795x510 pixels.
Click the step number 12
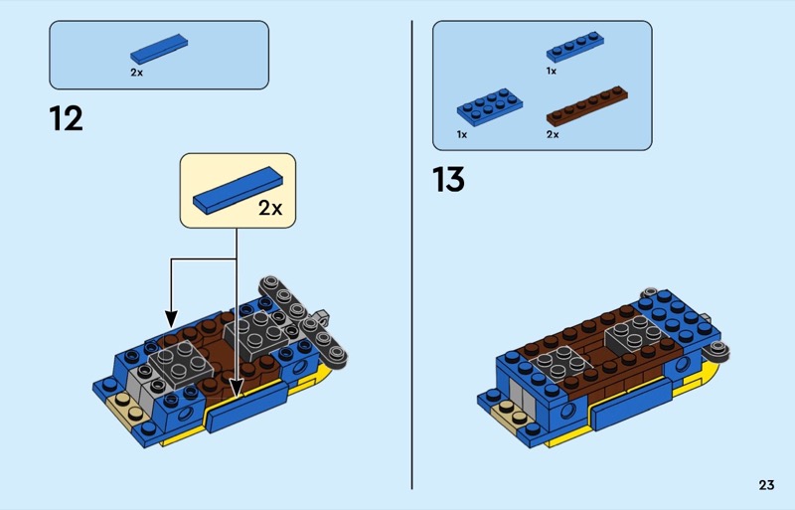click(x=66, y=118)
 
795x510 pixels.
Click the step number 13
click(x=448, y=179)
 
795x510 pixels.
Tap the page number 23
click(x=766, y=485)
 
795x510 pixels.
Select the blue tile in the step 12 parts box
click(x=159, y=49)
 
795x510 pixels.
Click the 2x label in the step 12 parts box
click(x=137, y=73)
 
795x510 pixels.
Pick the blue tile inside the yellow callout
click(x=238, y=190)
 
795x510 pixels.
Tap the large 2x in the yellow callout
click(x=270, y=208)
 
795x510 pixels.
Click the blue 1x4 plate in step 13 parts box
click(x=575, y=47)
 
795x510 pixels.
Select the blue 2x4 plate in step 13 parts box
click(x=490, y=106)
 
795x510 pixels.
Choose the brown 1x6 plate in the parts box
click(x=587, y=105)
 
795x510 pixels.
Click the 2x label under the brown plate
click(x=553, y=134)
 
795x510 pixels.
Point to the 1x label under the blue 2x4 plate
click(x=462, y=134)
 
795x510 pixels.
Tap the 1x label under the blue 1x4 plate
click(x=552, y=71)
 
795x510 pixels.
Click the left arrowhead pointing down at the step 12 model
click(x=171, y=320)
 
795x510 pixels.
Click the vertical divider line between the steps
click(x=412, y=255)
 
